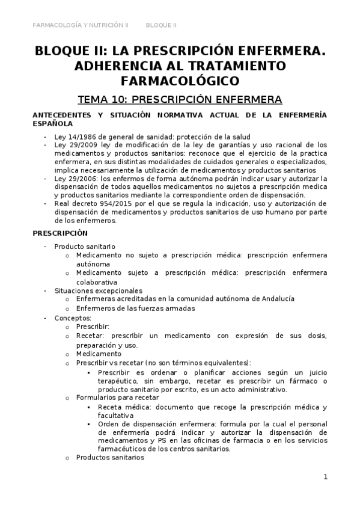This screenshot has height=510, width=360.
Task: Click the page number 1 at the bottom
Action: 325,478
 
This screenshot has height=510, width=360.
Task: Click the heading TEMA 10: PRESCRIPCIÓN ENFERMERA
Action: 180,99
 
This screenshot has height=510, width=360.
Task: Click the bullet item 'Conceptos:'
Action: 73,318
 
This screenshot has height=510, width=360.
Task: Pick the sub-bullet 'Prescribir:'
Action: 93,327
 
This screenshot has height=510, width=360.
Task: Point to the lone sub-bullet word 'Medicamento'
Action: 99,354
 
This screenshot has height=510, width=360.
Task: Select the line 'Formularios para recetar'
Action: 117,398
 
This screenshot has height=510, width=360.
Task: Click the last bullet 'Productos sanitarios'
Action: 110,457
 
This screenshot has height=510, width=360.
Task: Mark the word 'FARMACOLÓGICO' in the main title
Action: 180,80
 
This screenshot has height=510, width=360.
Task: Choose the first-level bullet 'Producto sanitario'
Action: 85,247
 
